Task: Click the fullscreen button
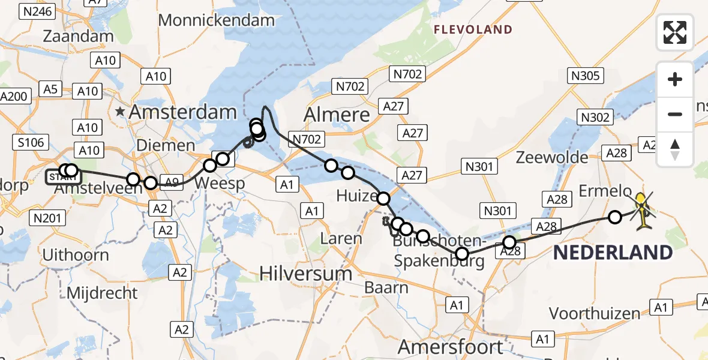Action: coord(675,32)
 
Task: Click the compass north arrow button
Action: coord(675,149)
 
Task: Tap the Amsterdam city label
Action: coord(183,112)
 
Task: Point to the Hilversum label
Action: coord(306,274)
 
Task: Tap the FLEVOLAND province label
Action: coord(473,29)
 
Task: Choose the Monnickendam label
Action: coord(216,20)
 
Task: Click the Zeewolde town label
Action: coord(552,158)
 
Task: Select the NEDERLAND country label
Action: coord(613,253)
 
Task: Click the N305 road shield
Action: coord(586,76)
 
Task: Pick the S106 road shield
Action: coord(31,142)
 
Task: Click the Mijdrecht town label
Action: coord(102,293)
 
